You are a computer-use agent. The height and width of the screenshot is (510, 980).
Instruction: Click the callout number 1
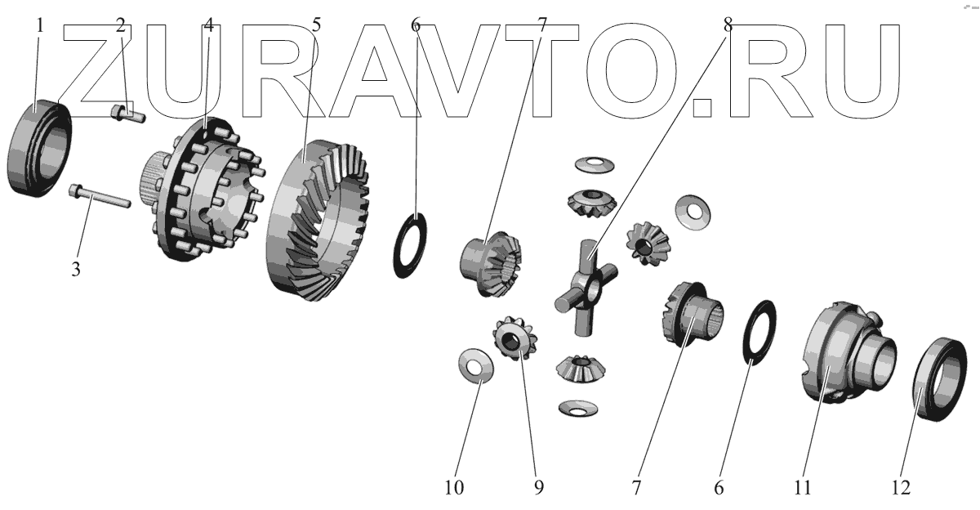tap(38, 25)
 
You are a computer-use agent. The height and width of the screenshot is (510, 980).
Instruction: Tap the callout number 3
tap(75, 269)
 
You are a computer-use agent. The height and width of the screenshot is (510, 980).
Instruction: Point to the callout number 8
tap(727, 25)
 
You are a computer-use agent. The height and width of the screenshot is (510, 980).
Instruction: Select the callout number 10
tap(454, 488)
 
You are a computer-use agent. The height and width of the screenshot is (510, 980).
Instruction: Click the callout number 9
tap(539, 488)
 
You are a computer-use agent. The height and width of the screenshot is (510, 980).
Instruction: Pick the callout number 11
tap(803, 488)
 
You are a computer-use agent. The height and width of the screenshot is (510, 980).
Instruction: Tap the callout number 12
tap(902, 488)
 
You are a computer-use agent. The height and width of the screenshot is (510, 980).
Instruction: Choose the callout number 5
tap(316, 25)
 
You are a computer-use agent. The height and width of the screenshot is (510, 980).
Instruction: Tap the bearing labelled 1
tap(39, 148)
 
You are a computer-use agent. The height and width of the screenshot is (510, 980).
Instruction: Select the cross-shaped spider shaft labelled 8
tap(586, 285)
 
